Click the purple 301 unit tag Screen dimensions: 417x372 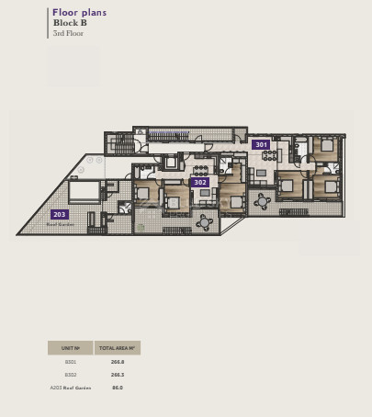tap(262, 144)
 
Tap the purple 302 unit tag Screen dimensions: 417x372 tap(200, 182)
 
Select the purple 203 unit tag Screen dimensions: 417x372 tap(60, 214)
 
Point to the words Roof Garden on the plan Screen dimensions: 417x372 tap(60, 223)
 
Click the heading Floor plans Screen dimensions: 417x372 tap(79, 13)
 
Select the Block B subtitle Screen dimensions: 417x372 tap(69, 23)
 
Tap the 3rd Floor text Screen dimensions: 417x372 tap(68, 33)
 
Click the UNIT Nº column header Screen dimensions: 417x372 tap(71, 348)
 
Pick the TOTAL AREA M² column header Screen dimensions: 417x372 tap(117, 348)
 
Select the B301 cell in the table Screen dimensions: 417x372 tap(71, 362)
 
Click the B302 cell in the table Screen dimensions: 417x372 tap(71, 375)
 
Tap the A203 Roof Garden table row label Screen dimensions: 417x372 tap(71, 388)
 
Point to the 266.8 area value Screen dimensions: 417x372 tap(117, 362)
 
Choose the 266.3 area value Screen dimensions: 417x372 tap(117, 375)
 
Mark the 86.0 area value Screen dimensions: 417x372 tap(117, 388)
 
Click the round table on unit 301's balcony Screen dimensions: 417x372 tap(262, 201)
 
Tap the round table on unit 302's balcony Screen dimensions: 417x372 tap(204, 220)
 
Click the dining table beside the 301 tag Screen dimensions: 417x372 tap(269, 155)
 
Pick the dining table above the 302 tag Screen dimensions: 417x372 tap(200, 169)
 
